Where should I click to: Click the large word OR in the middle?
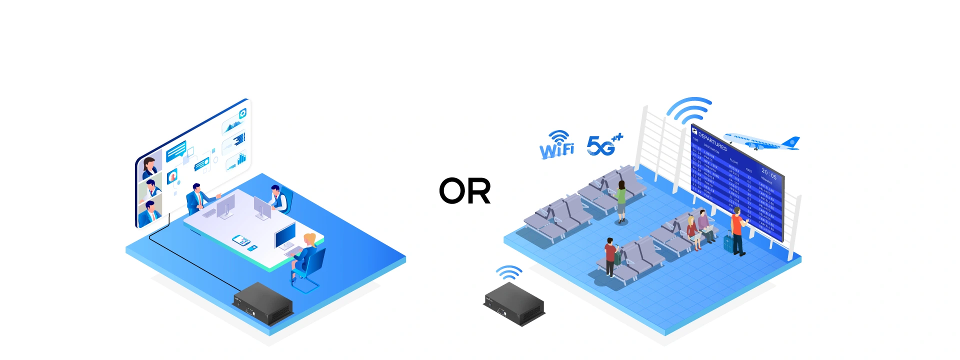[464, 191]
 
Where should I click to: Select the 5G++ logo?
[603, 145]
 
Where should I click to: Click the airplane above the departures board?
[761, 141]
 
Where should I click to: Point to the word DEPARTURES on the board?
[712, 141]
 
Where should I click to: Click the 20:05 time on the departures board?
[769, 174]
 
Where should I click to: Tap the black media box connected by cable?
[262, 303]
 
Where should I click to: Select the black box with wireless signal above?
[514, 304]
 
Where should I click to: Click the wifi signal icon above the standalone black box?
[509, 273]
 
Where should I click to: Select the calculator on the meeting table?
[241, 240]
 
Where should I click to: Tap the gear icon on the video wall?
[242, 113]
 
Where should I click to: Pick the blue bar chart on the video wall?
[241, 158]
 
